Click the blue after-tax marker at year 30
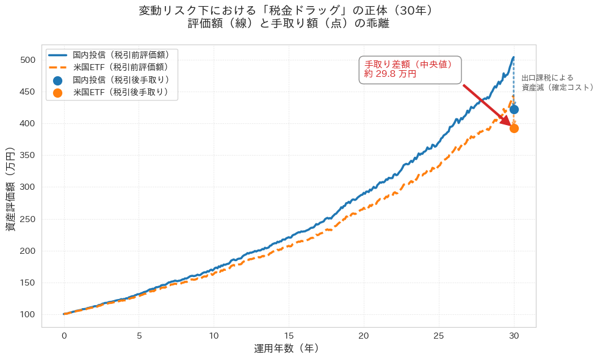click(x=514, y=109)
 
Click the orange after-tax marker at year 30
click(x=514, y=128)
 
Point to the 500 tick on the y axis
click(x=27, y=60)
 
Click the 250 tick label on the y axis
click(x=27, y=219)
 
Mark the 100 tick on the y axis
click(x=27, y=314)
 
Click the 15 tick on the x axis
click(x=289, y=336)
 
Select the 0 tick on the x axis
click(x=63, y=336)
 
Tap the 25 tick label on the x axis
click(x=439, y=336)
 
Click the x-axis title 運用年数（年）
click(x=286, y=349)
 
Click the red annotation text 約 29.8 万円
click(x=390, y=74)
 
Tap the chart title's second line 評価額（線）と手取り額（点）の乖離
click(x=288, y=24)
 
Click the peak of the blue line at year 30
click(x=513, y=57)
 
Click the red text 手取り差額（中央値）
click(x=408, y=64)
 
